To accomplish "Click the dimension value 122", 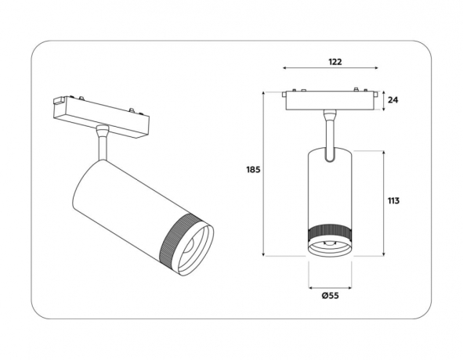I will (x=334, y=61).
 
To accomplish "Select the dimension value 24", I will (x=393, y=100).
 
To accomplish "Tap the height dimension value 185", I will (x=252, y=170).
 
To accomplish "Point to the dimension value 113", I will (x=393, y=201).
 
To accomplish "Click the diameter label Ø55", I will (x=329, y=295).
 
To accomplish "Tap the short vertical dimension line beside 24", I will (x=382, y=101).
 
